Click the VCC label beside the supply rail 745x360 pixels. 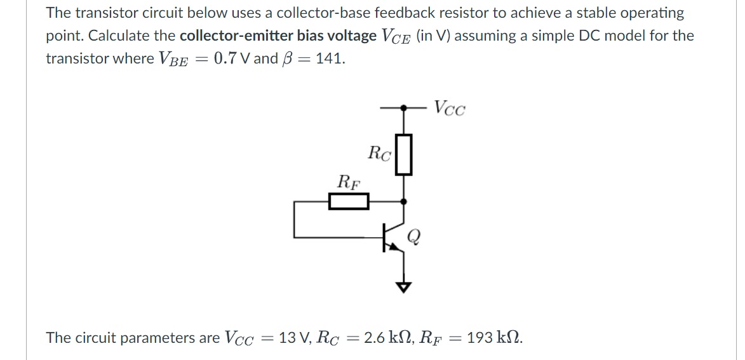(x=450, y=109)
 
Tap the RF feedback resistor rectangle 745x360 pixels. (x=349, y=202)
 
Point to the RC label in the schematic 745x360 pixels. (x=379, y=153)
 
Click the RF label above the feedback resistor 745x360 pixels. (x=348, y=182)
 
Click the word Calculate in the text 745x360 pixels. (x=75, y=36)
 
